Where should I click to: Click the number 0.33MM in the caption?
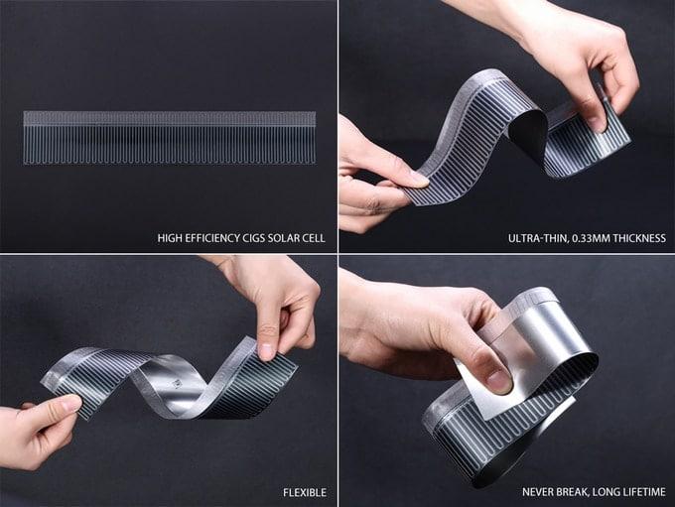591,238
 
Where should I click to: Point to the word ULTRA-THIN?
538,238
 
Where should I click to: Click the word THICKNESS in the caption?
639,238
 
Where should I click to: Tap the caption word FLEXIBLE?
305,492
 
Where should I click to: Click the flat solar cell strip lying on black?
169,138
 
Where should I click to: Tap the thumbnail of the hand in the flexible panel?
267,351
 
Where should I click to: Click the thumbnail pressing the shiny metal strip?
500,381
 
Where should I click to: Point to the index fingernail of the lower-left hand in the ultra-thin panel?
419,179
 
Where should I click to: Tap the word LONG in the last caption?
607,492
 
